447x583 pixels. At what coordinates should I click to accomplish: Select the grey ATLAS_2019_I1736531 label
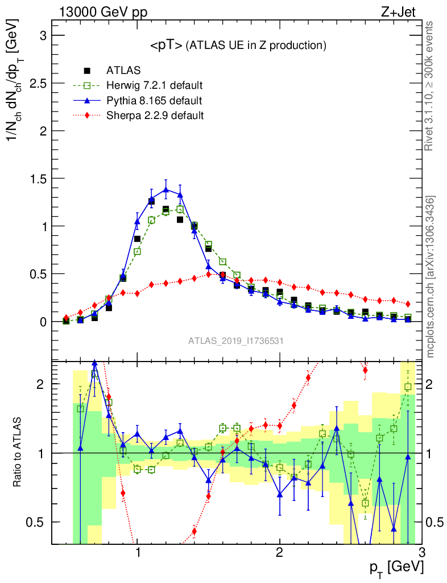[x=236, y=341]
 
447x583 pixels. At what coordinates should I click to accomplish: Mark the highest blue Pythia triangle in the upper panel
[x=166, y=190]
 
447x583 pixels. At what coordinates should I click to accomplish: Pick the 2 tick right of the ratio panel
[x=432, y=384]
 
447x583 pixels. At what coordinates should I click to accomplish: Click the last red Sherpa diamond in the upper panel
[x=408, y=303]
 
